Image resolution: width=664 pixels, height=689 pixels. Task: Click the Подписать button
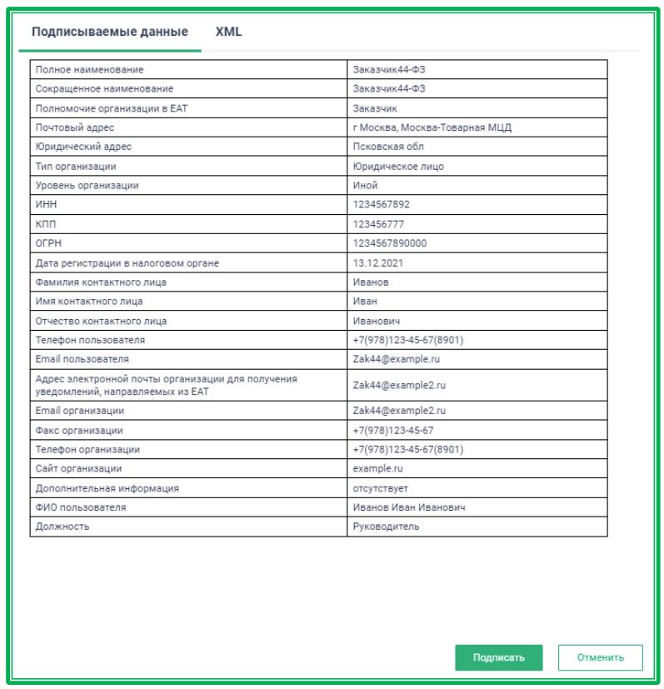pyautogui.click(x=498, y=657)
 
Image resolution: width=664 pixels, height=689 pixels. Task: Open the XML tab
pyautogui.click(x=228, y=32)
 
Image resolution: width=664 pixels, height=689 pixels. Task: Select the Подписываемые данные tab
pyautogui.click(x=109, y=32)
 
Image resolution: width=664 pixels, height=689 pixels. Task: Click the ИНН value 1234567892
pyautogui.click(x=382, y=205)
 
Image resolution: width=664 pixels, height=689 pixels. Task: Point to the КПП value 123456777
pyautogui.click(x=379, y=224)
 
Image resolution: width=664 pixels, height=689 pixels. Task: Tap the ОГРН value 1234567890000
pyautogui.click(x=389, y=243)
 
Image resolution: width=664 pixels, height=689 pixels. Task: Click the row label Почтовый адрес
pyautogui.click(x=75, y=127)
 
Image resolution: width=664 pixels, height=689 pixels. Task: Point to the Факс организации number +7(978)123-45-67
pyautogui.click(x=393, y=431)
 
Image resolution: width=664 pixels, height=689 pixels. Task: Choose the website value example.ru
pyautogui.click(x=377, y=469)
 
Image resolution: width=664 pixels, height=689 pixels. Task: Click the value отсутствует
pyautogui.click(x=381, y=488)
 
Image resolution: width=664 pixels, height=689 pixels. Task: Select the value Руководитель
pyautogui.click(x=387, y=527)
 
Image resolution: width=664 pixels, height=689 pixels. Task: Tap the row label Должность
pyautogui.click(x=62, y=527)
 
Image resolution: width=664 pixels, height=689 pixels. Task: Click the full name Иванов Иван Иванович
pyautogui.click(x=408, y=507)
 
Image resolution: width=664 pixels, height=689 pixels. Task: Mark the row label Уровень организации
pyautogui.click(x=87, y=186)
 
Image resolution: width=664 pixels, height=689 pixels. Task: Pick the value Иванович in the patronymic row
pyautogui.click(x=377, y=321)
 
